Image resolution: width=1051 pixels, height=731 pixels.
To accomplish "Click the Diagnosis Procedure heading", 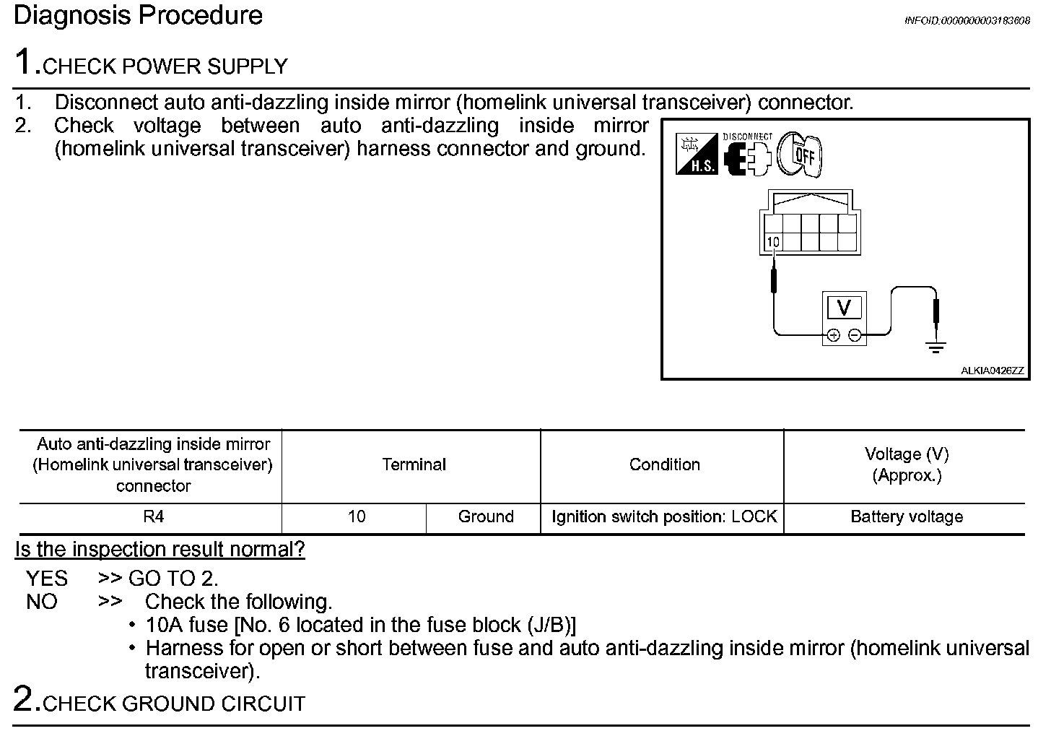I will [x=138, y=16].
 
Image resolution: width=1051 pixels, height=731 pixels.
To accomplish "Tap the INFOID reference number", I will [x=967, y=21].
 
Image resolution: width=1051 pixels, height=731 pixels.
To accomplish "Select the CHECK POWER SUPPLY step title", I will [x=165, y=66].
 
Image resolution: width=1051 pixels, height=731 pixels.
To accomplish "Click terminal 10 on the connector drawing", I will [x=773, y=242].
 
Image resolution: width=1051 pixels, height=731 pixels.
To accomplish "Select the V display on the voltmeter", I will [x=843, y=308].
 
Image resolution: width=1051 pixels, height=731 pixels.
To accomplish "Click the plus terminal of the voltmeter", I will [x=833, y=335].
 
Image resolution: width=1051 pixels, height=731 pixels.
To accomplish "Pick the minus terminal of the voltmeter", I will [x=855, y=335].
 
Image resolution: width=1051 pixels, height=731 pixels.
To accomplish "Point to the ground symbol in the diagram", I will [x=936, y=347].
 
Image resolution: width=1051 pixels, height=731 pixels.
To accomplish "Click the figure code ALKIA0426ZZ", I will [x=992, y=371].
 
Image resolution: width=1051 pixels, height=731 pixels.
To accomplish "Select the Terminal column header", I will [x=414, y=464].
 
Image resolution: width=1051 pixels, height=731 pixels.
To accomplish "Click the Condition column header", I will [x=664, y=464].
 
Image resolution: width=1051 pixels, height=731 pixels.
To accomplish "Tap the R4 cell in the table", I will [x=153, y=517].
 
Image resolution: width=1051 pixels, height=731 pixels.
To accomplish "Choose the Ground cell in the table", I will [x=486, y=517].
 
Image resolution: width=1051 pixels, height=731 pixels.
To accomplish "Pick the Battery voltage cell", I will [x=907, y=517].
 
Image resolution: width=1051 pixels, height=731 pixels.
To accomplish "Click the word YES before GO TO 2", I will [x=47, y=579].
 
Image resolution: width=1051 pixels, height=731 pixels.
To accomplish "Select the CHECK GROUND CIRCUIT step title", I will [x=174, y=704].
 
